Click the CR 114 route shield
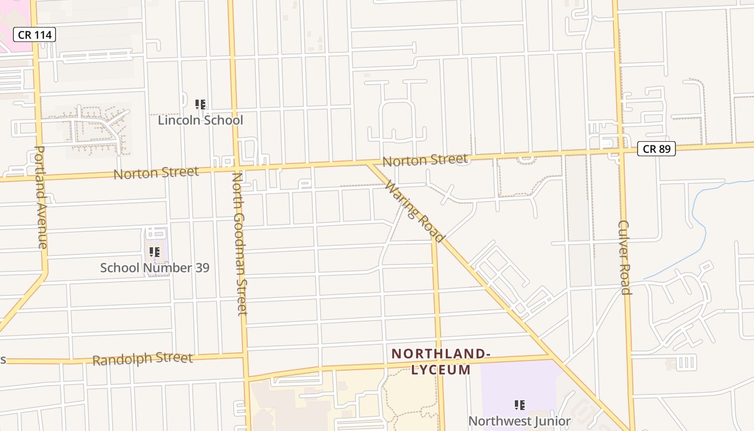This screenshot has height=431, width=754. click(34, 35)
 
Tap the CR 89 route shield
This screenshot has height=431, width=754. click(657, 149)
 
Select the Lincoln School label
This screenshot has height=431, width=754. click(200, 120)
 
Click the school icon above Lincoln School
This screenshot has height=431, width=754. click(200, 105)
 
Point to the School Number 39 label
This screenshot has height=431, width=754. click(155, 268)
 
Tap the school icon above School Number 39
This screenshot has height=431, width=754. click(155, 252)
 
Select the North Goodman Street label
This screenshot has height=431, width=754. click(240, 244)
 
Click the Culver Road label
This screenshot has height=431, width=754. click(624, 258)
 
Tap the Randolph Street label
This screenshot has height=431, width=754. click(142, 359)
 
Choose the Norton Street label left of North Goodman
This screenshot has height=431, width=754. click(156, 173)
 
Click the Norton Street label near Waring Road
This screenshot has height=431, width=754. click(425, 160)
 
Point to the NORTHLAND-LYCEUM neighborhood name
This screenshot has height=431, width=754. click(441, 362)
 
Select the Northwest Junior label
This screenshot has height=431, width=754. click(519, 421)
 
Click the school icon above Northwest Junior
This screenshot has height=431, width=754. click(519, 405)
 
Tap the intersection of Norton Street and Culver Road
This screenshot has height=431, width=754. click(622, 151)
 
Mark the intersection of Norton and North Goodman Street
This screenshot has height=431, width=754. click(235, 168)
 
